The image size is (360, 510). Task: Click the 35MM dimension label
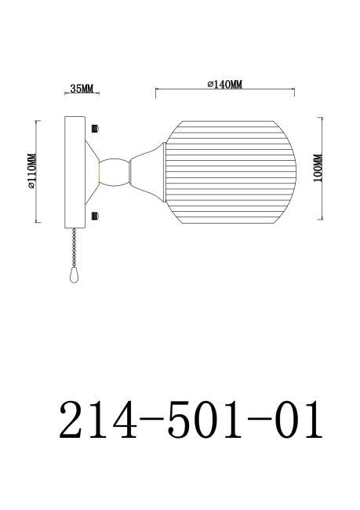click(82, 89)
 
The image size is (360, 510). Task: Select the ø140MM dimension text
click(224, 84)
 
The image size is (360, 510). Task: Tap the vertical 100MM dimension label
click(316, 169)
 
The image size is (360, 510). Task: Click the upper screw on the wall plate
click(95, 127)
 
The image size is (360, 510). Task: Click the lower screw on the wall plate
click(95, 215)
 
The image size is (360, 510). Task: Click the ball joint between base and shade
click(113, 170)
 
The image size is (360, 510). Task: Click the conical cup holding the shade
click(147, 169)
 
